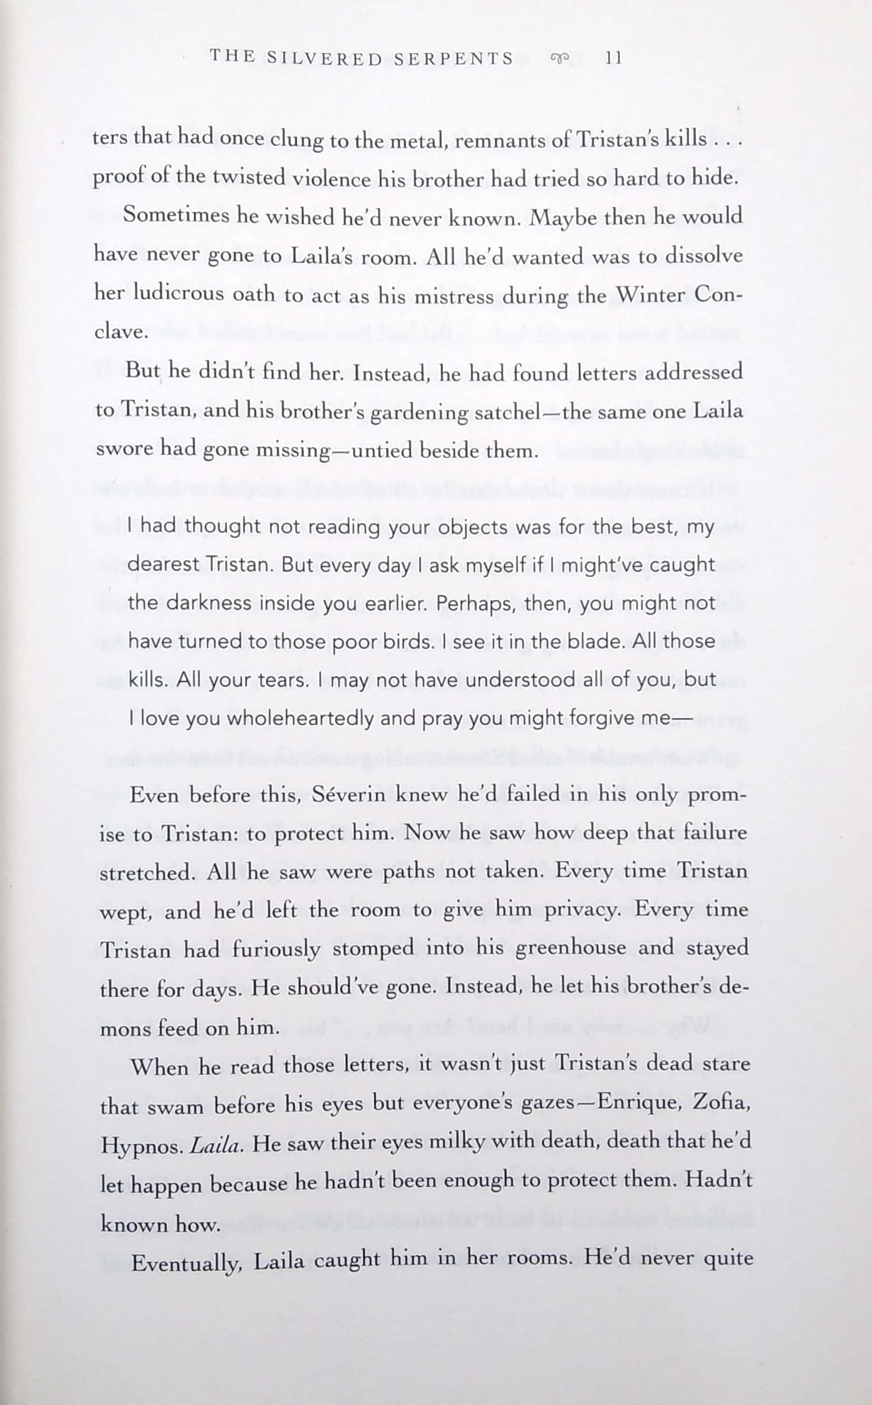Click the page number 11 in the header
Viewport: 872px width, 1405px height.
tap(613, 58)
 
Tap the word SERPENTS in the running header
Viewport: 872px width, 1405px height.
tap(453, 58)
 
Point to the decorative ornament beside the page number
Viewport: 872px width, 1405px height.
tap(559, 58)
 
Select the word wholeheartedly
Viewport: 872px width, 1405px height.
tap(300, 719)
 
